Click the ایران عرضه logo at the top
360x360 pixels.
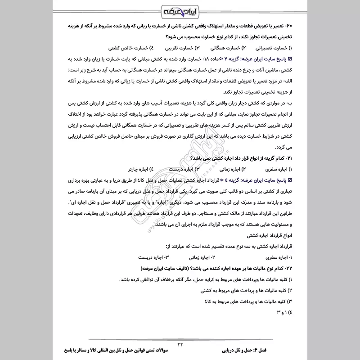coord(180,11)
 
